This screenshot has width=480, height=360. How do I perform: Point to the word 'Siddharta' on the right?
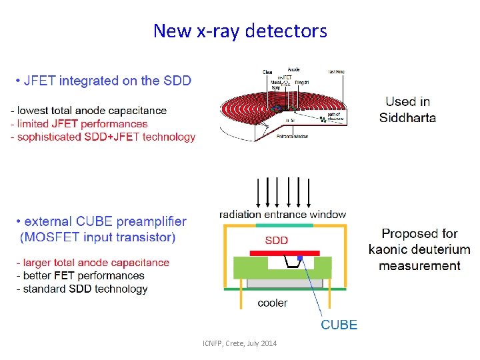407,118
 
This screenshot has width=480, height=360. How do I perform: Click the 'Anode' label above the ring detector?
293,69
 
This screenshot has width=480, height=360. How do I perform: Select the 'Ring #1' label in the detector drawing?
301,81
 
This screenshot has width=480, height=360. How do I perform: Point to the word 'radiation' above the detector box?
241,215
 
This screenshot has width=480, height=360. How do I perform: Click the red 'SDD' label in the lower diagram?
277,240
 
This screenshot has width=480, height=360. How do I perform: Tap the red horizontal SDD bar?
284,253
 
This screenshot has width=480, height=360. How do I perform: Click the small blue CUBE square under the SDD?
300,257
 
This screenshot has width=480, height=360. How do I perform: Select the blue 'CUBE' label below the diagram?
339,325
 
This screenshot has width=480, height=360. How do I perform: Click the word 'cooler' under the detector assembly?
273,303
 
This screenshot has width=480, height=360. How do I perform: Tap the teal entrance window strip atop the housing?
285,225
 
